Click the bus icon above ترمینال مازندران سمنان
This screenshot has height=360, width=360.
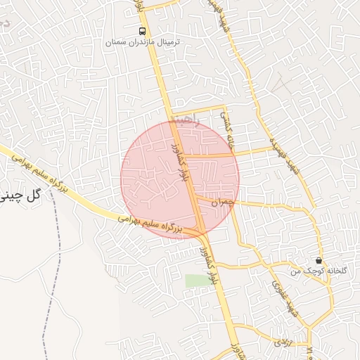point(143,31)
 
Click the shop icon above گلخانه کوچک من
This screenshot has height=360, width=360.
point(319,260)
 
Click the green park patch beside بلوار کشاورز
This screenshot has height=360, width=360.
point(198,281)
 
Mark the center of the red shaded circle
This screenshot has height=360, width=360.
point(180,179)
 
